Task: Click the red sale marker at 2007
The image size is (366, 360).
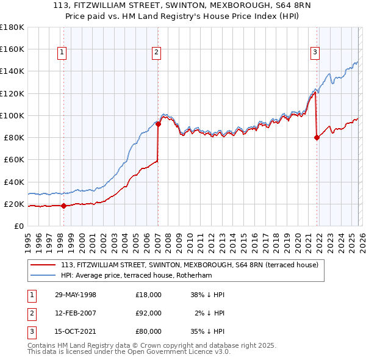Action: [x=158, y=124]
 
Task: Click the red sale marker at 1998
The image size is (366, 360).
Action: [x=64, y=206]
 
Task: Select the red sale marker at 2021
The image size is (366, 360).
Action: [x=317, y=137]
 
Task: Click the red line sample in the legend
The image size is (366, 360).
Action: [x=43, y=265]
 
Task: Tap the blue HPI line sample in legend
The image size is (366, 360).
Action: [x=43, y=275]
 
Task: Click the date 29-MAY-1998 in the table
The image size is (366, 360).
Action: [x=76, y=295]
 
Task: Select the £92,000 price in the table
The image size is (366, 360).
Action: [x=149, y=313]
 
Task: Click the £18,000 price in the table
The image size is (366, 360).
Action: [x=149, y=295]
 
